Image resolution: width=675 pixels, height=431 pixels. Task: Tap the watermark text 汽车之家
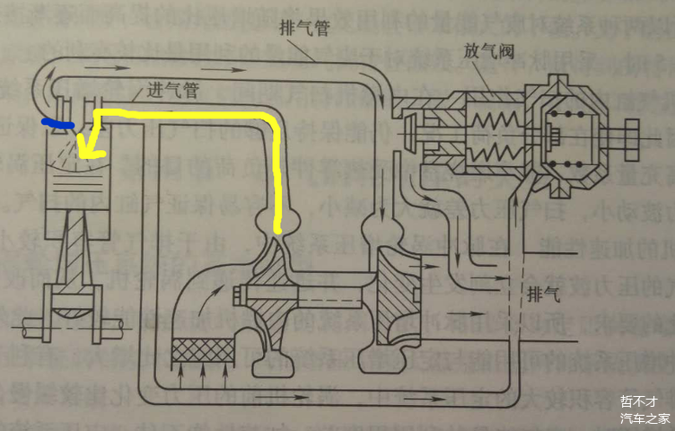click(645, 418)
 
